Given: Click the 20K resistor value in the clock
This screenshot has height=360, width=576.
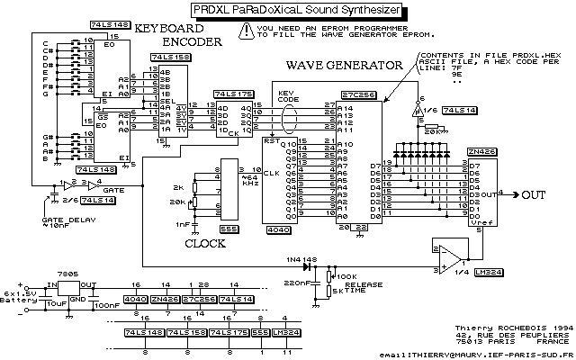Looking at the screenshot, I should coord(178,203).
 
